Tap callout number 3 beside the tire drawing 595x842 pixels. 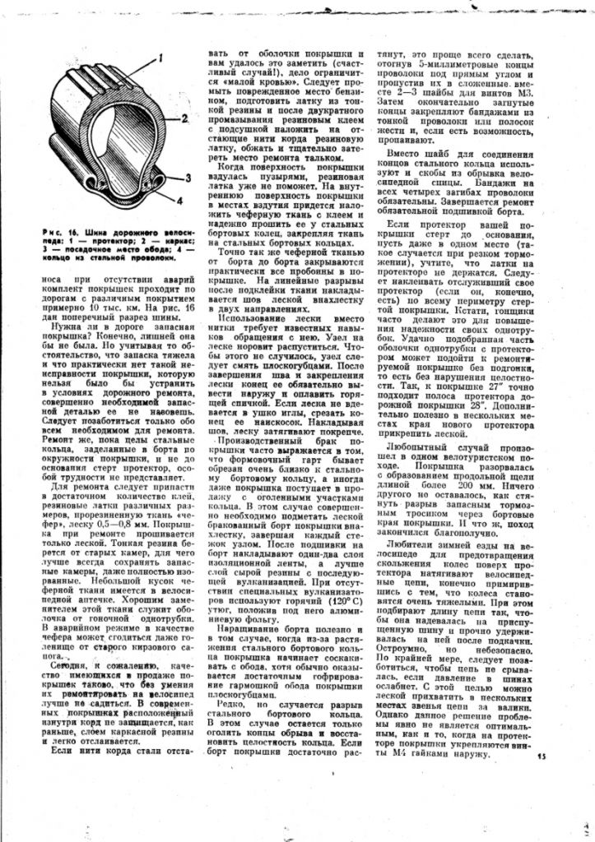(x=188, y=178)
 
